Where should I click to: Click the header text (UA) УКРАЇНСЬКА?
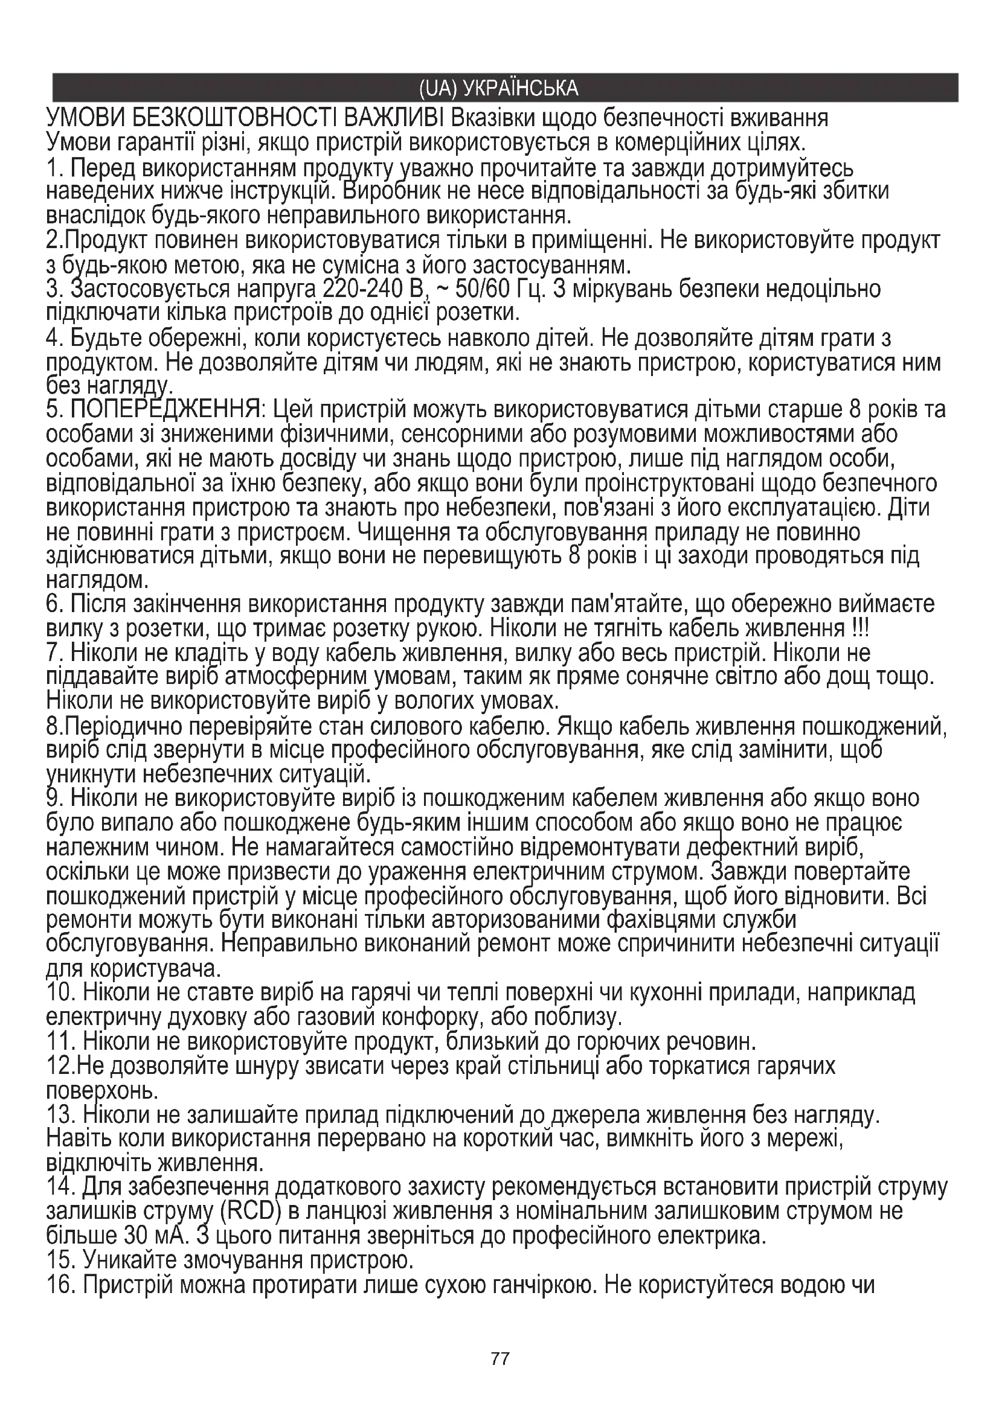[x=498, y=88]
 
